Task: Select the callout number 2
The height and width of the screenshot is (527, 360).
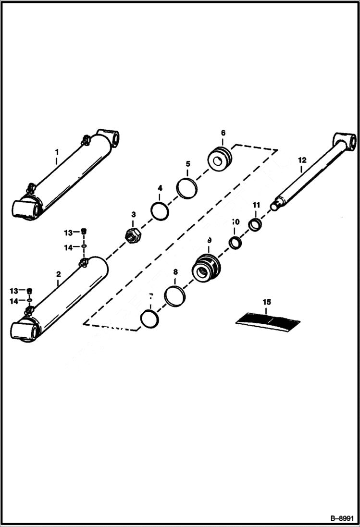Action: (58, 274)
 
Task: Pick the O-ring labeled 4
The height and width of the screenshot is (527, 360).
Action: (160, 210)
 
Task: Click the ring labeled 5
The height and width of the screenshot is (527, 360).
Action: (186, 188)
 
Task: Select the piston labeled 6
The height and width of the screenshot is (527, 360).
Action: (221, 159)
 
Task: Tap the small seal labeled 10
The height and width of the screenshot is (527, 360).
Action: (235, 243)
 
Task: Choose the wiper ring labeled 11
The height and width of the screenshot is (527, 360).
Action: (255, 224)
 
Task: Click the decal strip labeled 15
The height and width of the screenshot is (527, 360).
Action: (268, 321)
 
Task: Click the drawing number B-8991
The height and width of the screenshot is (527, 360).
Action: (342, 518)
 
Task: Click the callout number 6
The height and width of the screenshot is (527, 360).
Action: (223, 133)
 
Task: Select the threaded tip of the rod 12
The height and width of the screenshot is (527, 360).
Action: (275, 206)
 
